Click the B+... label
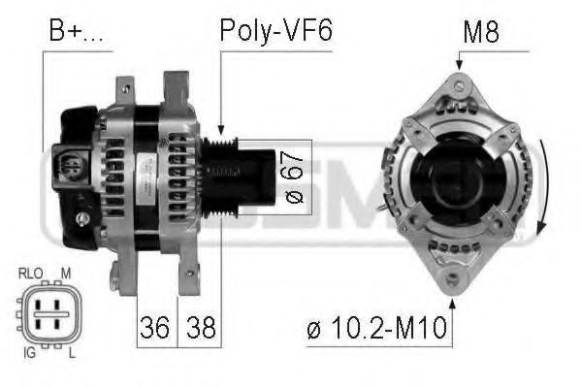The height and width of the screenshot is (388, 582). click(x=76, y=32)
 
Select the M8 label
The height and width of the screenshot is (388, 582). click(x=480, y=32)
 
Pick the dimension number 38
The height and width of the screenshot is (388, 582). click(x=200, y=326)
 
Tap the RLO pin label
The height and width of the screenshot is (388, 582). click(x=30, y=274)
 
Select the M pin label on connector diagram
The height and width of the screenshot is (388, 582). click(x=66, y=274)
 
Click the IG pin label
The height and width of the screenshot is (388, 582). click(x=29, y=354)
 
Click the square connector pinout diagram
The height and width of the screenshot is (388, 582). click(x=48, y=314)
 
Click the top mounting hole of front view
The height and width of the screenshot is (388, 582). click(x=459, y=86)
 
